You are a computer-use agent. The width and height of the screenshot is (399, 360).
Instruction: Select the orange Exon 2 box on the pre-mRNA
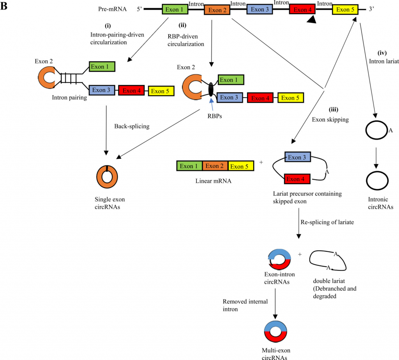pos(217,10)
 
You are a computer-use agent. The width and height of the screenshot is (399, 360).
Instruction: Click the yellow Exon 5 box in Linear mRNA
pos(241,166)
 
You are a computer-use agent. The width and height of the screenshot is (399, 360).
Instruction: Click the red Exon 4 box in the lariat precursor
pos(297,179)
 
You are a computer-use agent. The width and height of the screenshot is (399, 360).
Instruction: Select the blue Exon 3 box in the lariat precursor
pos(297,158)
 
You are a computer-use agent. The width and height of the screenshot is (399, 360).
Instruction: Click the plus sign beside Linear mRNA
pos(261,162)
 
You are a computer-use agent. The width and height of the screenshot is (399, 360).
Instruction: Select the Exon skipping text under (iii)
pos(330,120)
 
